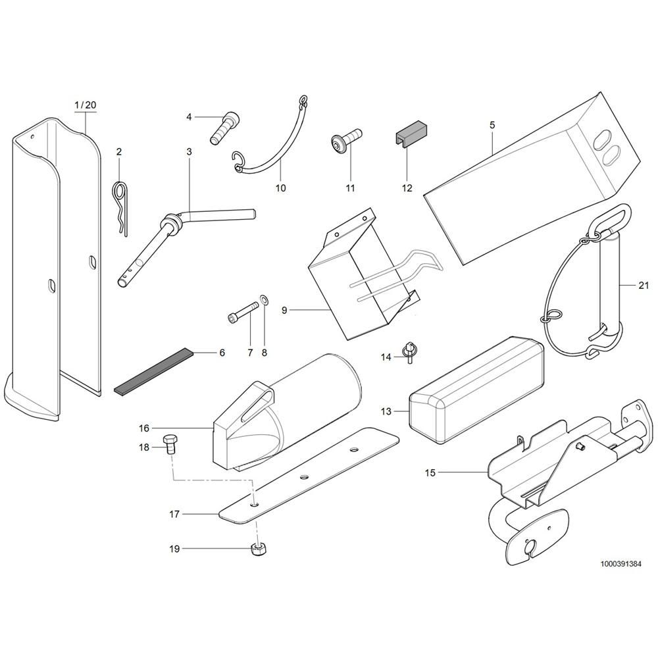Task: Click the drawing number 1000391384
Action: [x=620, y=564]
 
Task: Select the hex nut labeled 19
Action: [x=257, y=548]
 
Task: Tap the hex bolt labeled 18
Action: [x=170, y=445]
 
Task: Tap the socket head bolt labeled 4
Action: [x=224, y=128]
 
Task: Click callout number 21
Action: [x=644, y=286]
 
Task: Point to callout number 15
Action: [x=430, y=472]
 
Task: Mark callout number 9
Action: [x=284, y=311]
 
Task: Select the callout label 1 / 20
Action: [x=85, y=105]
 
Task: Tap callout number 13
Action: [x=386, y=411]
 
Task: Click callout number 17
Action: [x=174, y=514]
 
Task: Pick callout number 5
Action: [x=492, y=124]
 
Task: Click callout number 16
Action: [x=144, y=428]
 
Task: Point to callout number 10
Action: [x=280, y=188]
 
